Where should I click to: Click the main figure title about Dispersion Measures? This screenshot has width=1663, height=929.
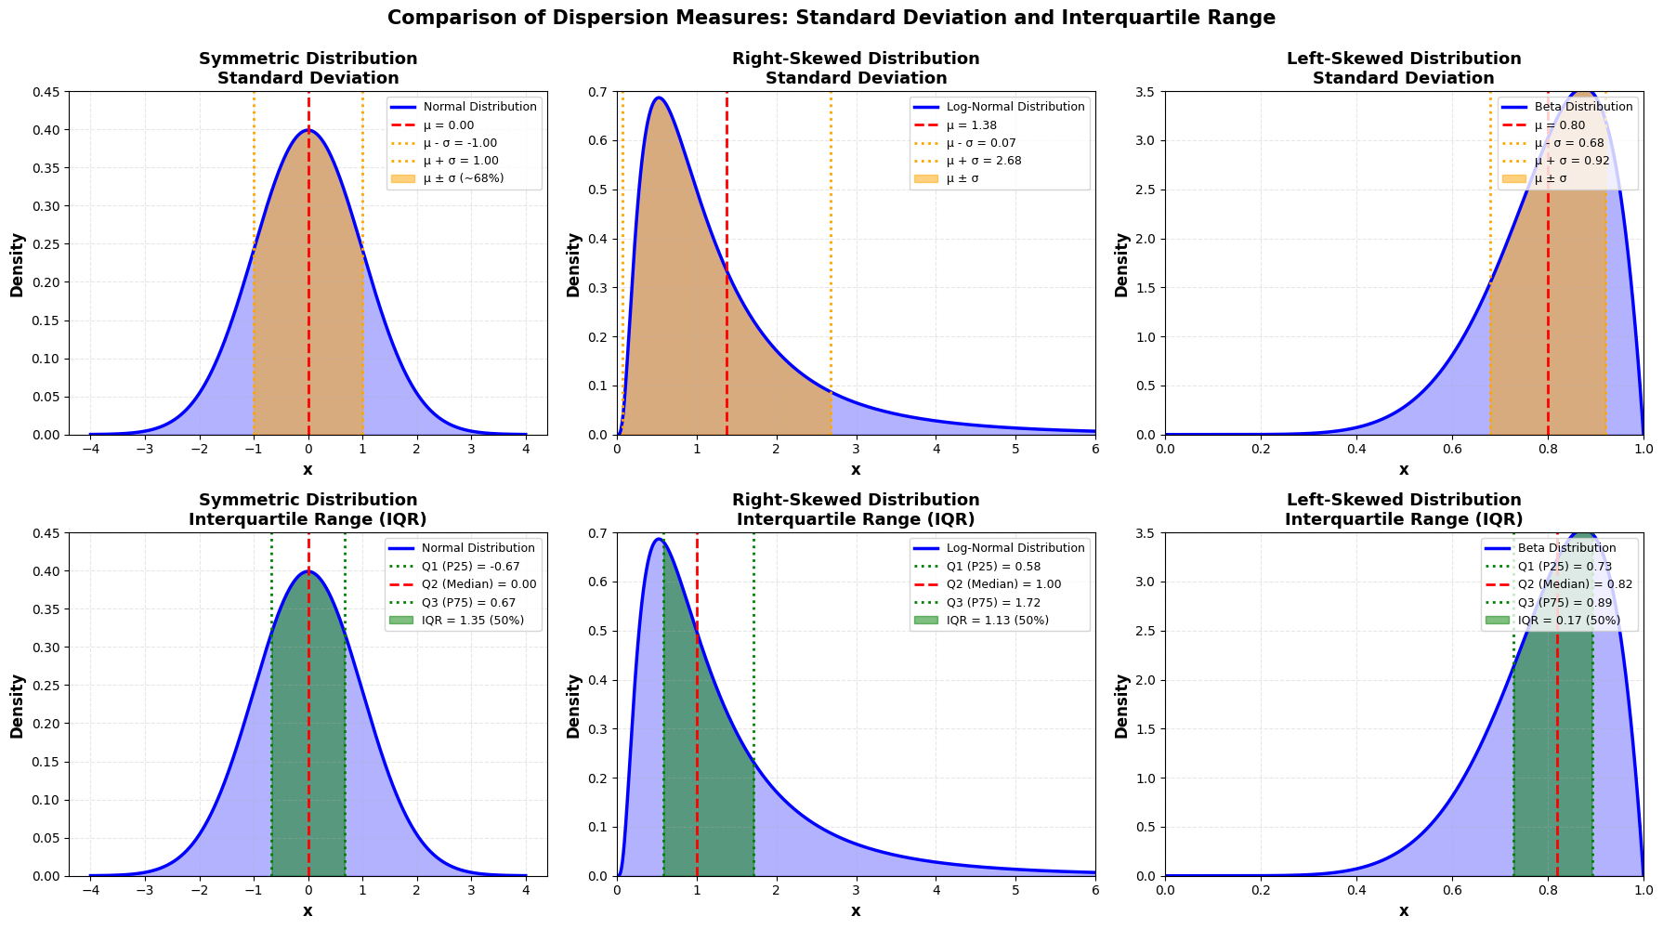831,18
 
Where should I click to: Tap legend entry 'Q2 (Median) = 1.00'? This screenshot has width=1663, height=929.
1003,584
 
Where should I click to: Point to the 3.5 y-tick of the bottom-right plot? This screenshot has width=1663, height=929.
1147,533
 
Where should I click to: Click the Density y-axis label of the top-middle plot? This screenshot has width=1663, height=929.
573,265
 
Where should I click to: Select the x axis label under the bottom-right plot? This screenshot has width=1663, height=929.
1404,911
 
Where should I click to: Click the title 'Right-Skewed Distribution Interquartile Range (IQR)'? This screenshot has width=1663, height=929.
856,509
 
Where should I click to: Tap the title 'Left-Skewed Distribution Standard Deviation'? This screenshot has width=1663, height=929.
1404,68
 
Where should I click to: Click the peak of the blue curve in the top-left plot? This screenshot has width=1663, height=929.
308,130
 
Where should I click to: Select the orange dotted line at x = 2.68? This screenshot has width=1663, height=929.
831,279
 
